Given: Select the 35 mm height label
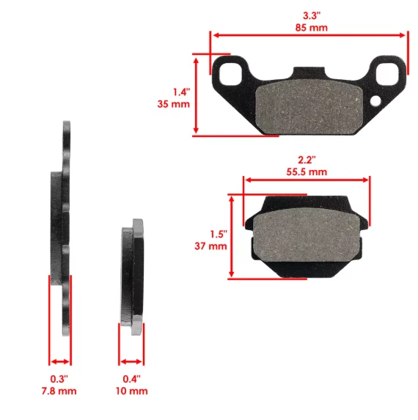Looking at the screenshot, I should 177,104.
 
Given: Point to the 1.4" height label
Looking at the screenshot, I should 181,92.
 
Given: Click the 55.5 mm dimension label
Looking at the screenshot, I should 307,172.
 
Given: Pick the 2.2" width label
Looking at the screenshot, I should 307,159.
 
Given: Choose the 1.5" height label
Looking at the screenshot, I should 218,234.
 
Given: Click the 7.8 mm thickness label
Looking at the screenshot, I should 59,391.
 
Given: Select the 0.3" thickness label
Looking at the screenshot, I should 59,378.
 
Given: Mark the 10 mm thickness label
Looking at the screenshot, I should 132,391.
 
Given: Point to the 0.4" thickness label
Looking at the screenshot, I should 132,378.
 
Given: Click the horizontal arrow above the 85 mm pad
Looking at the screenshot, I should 308,34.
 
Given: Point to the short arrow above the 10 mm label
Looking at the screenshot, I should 132,361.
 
